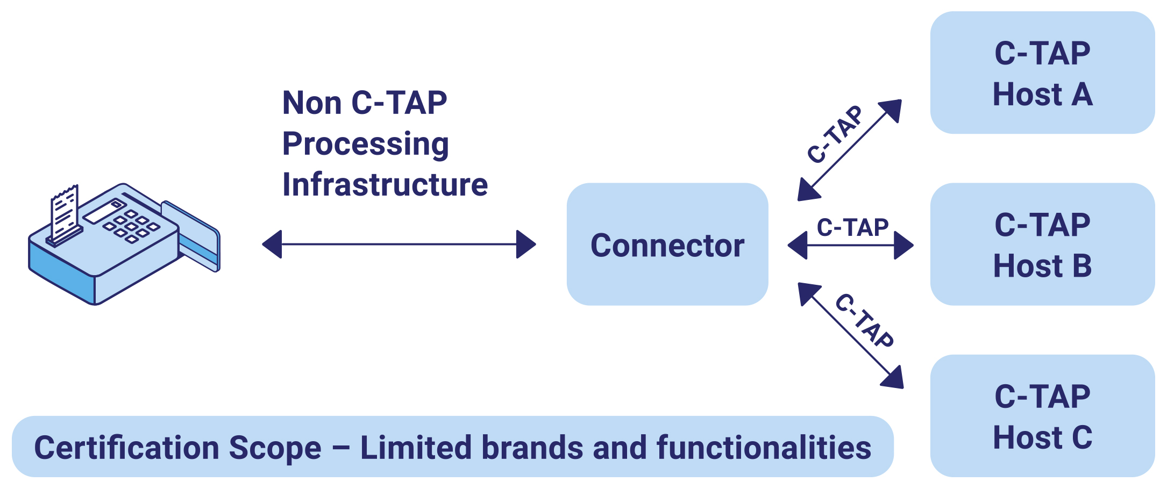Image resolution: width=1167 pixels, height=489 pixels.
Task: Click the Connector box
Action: [x=667, y=244]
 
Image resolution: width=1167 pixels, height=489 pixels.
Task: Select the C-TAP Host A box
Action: [x=1042, y=73]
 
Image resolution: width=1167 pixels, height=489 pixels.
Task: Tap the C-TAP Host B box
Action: [x=1042, y=244]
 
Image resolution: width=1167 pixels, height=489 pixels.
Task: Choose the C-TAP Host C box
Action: [x=1042, y=416]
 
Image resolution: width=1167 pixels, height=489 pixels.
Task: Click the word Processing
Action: [x=366, y=145]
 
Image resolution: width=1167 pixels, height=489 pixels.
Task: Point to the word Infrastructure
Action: [x=385, y=184]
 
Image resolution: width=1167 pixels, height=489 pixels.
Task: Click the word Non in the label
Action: [x=312, y=103]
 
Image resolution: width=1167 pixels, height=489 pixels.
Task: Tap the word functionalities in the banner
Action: [x=764, y=448]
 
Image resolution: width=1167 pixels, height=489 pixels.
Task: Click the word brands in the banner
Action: [x=532, y=448]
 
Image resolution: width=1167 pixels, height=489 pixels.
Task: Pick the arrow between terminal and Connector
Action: [x=399, y=244]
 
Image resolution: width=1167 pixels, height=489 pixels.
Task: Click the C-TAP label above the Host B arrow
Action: [x=852, y=227]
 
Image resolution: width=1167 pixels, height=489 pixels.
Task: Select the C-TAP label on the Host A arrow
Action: [x=835, y=134]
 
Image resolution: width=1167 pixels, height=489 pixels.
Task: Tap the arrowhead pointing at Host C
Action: [x=893, y=377]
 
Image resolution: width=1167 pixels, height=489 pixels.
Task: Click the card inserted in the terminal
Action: [x=191, y=236]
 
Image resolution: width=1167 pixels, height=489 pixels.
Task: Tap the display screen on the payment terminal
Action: [x=104, y=212]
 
